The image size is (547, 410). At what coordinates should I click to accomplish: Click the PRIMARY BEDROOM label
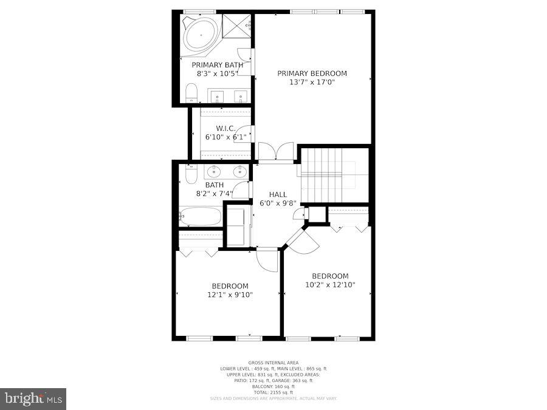312,73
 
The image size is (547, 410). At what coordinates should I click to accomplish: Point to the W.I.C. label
225,128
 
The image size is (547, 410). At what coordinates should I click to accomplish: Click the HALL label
278,194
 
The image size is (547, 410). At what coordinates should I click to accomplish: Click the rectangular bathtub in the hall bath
200,216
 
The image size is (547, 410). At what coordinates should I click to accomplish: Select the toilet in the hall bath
191,174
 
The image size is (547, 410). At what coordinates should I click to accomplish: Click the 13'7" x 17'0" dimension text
312,82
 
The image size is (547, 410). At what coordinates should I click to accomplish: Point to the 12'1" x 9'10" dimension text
230,295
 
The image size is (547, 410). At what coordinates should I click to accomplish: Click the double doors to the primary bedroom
276,152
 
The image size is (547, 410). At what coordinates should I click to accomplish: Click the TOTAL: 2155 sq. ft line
273,392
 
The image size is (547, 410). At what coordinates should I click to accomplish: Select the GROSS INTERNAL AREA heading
273,363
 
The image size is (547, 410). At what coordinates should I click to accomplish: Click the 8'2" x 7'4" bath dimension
214,194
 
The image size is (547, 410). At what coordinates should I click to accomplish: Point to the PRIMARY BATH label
217,65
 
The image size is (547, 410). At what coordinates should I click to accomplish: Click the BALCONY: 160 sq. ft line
273,386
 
